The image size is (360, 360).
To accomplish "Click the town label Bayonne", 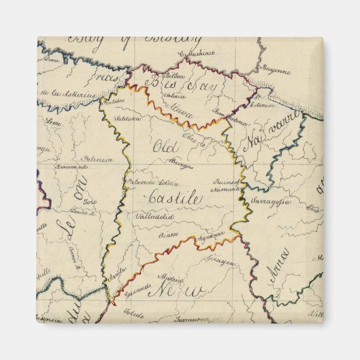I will tap(278, 72).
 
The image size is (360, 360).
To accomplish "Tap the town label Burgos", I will tap(182, 166).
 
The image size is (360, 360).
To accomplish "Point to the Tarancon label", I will tap(190, 320).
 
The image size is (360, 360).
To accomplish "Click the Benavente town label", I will tap(71, 167).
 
